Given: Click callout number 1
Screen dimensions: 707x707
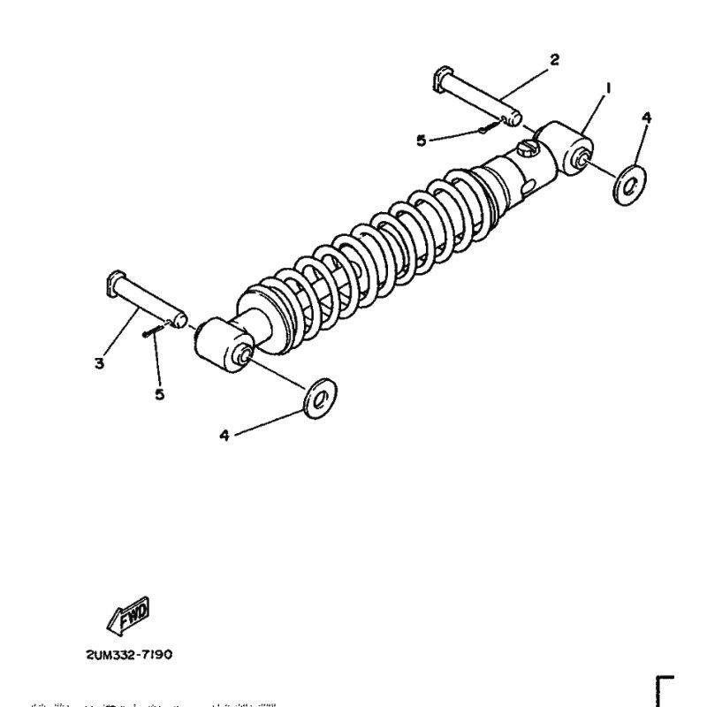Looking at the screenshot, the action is click(608, 87).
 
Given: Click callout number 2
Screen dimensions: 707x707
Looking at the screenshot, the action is click(554, 60).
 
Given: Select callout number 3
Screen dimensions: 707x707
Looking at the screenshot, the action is click(100, 362).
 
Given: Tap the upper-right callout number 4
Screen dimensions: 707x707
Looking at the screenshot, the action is click(646, 118).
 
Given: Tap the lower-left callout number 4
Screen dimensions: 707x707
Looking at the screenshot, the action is click(224, 435).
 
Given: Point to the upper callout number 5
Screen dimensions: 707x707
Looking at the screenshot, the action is click(422, 140).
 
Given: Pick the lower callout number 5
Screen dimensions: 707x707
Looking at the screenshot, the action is click(160, 394).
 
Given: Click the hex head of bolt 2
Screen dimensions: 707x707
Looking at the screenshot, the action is click(441, 78).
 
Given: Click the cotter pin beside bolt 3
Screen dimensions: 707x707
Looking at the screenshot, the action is click(151, 331).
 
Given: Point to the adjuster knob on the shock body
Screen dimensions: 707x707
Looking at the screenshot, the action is click(528, 147).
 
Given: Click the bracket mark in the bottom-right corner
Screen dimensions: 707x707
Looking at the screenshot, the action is click(665, 689).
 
